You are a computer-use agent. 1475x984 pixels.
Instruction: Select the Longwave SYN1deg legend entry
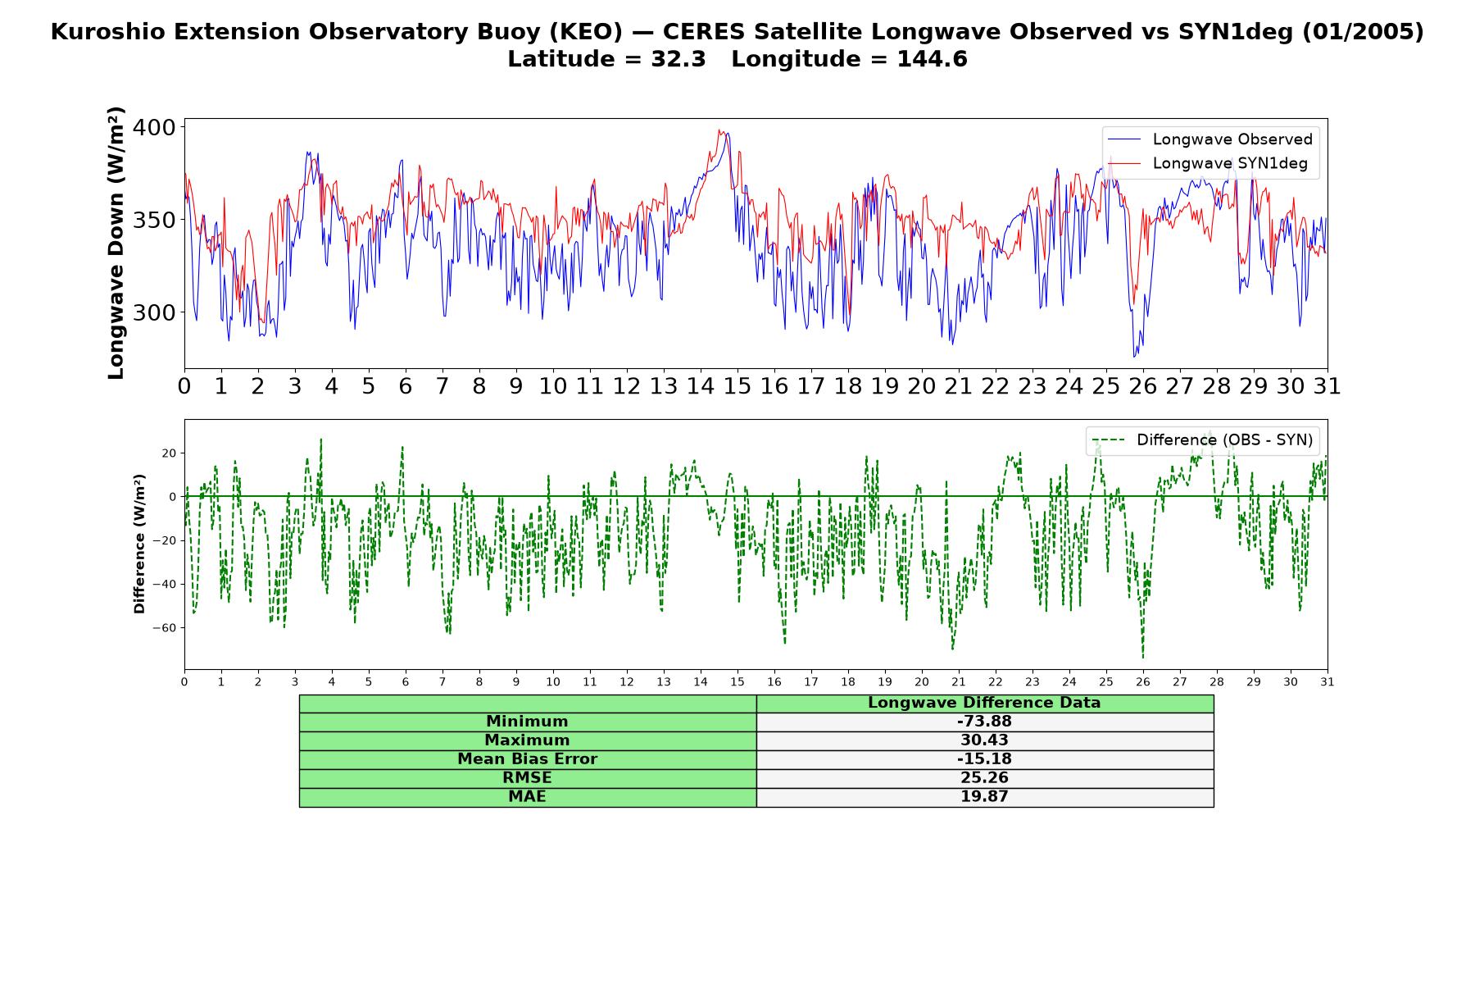(1209, 163)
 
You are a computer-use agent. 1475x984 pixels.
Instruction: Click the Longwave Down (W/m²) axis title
(116, 243)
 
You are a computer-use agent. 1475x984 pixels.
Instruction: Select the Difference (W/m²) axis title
(139, 544)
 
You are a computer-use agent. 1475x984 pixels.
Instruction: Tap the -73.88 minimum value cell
(984, 722)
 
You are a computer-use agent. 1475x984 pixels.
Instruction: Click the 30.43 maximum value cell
(984, 740)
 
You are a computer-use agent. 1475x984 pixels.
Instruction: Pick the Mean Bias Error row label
(527, 759)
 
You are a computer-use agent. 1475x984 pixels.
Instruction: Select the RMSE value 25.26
(984, 778)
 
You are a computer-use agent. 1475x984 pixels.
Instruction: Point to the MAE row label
(527, 797)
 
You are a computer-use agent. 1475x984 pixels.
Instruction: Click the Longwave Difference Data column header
(984, 703)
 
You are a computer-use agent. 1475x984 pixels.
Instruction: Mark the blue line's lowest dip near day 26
(1134, 357)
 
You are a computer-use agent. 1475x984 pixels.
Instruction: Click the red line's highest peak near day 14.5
(719, 130)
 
